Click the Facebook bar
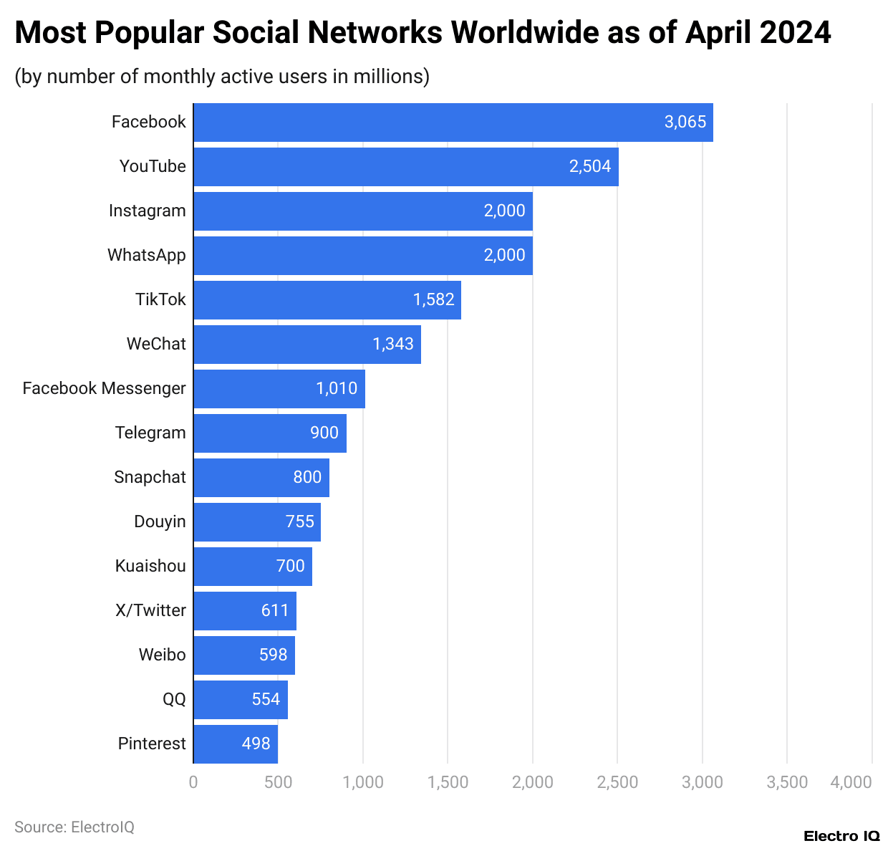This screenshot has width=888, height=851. click(453, 122)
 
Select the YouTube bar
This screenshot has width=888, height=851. click(405, 167)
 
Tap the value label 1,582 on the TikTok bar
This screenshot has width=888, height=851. click(433, 299)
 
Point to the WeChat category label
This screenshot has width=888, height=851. click(156, 344)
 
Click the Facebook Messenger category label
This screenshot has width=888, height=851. click(104, 388)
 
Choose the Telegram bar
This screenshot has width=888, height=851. click(269, 433)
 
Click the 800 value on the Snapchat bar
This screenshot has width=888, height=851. click(307, 477)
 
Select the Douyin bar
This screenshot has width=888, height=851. click(256, 522)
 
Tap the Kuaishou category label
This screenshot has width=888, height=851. click(150, 566)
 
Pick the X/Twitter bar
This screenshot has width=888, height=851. click(244, 611)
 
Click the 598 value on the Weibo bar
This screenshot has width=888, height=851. click(273, 655)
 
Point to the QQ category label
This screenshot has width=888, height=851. click(174, 699)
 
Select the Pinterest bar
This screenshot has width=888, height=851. click(235, 744)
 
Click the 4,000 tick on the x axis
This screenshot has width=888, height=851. click(851, 782)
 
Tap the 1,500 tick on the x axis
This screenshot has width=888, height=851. click(448, 782)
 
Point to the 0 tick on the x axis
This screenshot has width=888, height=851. click(193, 782)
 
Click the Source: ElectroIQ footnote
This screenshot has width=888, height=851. click(74, 827)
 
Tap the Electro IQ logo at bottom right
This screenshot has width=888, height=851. click(841, 836)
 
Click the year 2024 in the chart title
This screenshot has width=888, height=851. click(795, 33)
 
